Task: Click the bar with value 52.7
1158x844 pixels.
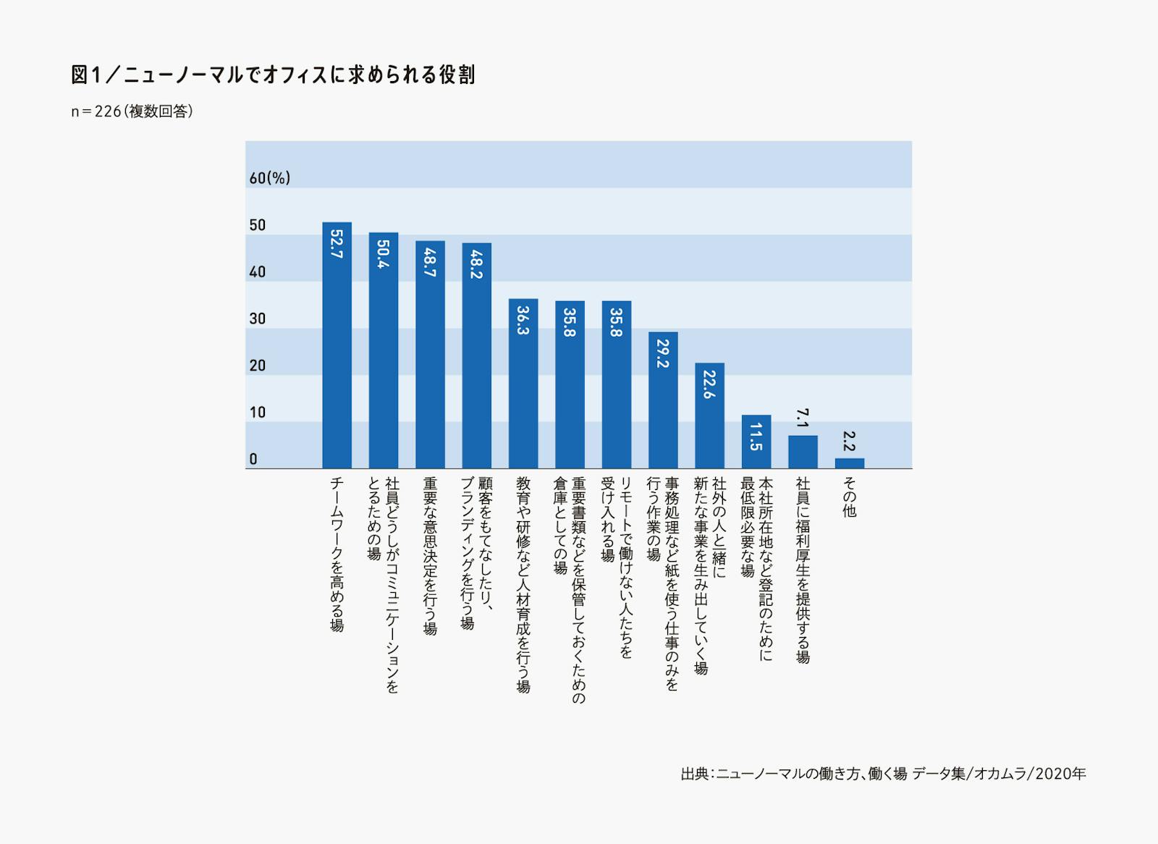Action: click(x=337, y=345)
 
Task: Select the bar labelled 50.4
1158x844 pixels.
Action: click(x=383, y=350)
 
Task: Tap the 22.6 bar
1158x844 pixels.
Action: click(x=709, y=415)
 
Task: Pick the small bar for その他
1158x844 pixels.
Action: click(x=849, y=463)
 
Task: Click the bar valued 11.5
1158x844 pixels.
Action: click(x=756, y=442)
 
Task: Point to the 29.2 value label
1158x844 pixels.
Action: click(x=663, y=354)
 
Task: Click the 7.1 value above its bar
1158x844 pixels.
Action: click(x=802, y=418)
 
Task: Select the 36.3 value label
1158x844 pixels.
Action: click(x=523, y=320)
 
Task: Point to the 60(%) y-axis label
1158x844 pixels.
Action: click(x=269, y=178)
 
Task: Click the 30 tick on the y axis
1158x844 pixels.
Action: click(x=258, y=318)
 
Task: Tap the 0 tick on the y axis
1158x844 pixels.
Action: click(x=253, y=459)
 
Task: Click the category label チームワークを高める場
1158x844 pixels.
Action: click(x=337, y=554)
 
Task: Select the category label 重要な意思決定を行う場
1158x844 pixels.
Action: click(x=430, y=556)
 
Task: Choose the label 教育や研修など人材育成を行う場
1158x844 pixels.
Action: click(x=523, y=585)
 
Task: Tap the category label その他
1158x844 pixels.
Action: click(x=849, y=497)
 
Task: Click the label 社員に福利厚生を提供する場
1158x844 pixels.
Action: click(x=802, y=570)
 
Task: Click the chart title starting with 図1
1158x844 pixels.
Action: click(x=273, y=75)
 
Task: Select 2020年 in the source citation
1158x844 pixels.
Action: click(x=1061, y=774)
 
